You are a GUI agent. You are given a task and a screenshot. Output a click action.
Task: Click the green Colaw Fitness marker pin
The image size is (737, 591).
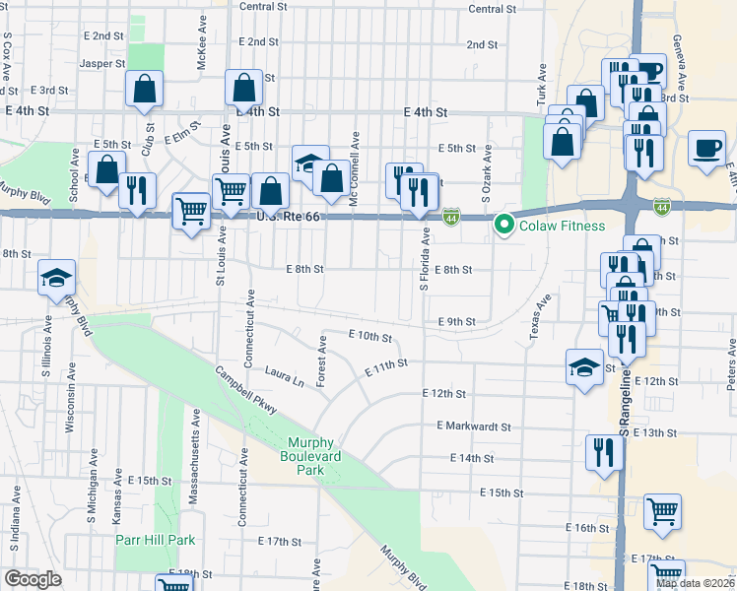pyautogui.click(x=505, y=226)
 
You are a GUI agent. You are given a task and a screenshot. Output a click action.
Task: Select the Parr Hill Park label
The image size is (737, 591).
pyautogui.click(x=155, y=540)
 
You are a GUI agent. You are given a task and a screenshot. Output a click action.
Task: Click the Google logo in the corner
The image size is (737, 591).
pyautogui.click(x=33, y=578)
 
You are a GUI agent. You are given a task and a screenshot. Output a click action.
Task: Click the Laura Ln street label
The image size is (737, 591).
pyautogui.click(x=289, y=372)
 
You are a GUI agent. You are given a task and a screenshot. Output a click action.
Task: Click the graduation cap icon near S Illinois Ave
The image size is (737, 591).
pyautogui.click(x=56, y=279)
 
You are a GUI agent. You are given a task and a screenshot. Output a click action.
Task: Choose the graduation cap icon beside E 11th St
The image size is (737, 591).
pyautogui.click(x=584, y=367)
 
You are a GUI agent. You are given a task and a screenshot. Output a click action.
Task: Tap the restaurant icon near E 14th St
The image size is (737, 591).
pyautogui.click(x=602, y=452)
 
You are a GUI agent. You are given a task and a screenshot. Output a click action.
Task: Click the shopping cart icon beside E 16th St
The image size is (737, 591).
pyautogui.click(x=662, y=511)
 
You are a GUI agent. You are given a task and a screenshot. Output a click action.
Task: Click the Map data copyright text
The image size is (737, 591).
pyautogui.click(x=696, y=583)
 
